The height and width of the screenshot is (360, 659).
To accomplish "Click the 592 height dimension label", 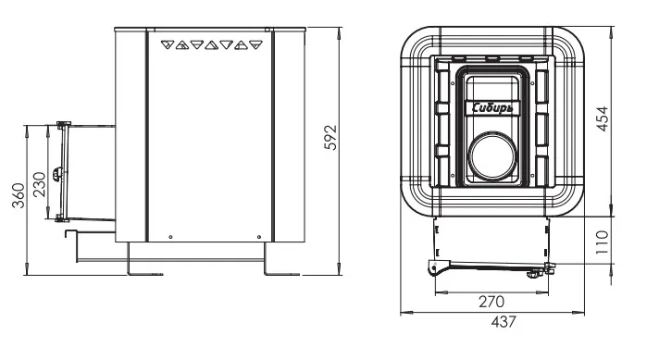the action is (x=331, y=137).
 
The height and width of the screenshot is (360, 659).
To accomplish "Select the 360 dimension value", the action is (x=19, y=195).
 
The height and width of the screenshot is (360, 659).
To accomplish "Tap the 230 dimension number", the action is (x=39, y=185).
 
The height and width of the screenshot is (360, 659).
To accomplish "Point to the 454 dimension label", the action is (x=603, y=119).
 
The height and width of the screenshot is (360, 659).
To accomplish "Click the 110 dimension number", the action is (x=603, y=242).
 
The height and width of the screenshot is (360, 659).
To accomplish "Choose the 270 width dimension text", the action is (x=491, y=302).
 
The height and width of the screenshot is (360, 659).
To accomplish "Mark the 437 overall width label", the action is (x=504, y=322).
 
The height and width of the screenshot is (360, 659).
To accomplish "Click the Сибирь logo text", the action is (x=492, y=108).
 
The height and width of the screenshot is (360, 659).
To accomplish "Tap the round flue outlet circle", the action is (x=492, y=155).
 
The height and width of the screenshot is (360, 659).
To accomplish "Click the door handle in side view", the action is (x=57, y=173).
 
